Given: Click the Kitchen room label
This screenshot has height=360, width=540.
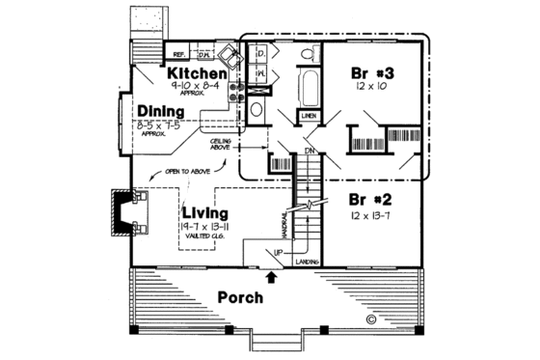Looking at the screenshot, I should [197, 73].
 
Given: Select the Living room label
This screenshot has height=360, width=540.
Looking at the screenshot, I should [202, 211].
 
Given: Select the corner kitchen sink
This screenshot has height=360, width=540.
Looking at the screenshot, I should [226, 55].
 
